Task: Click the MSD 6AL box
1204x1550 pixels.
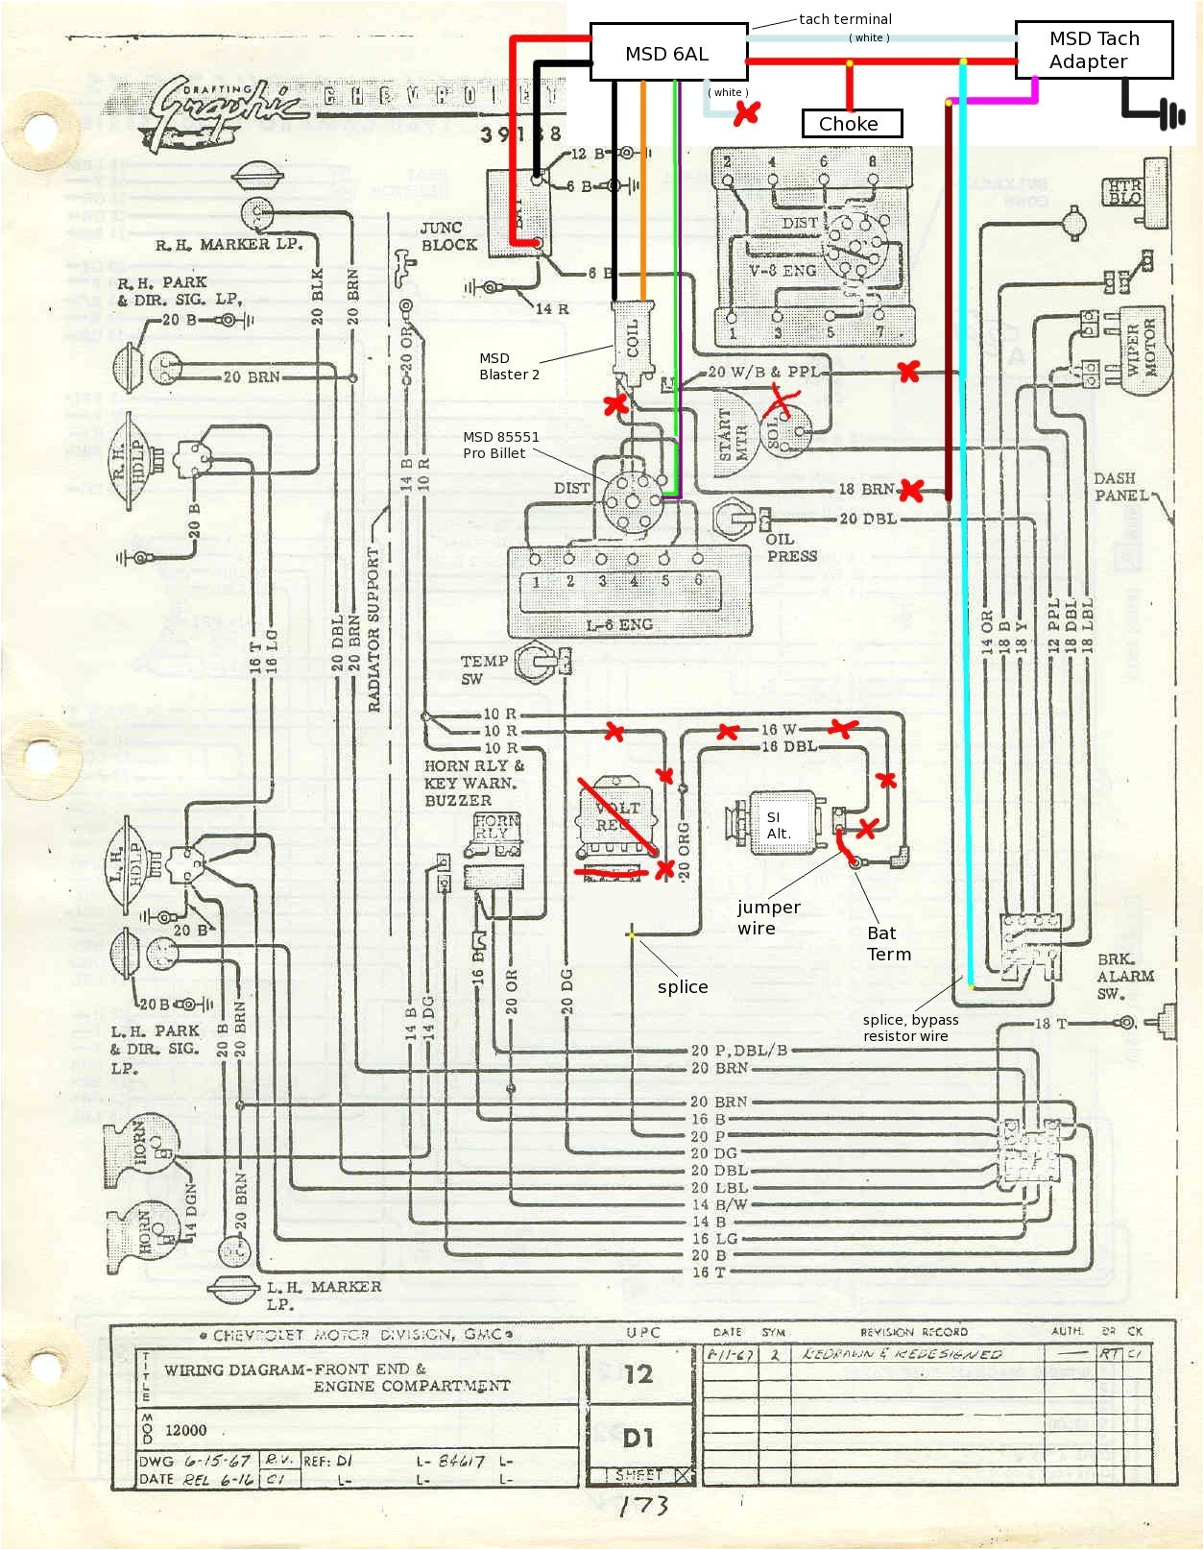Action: coord(667,53)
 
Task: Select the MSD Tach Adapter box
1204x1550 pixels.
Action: coord(1094,50)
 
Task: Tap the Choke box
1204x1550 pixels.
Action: coord(851,124)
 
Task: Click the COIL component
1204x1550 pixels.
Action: coord(633,338)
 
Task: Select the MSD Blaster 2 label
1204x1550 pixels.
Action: coord(509,366)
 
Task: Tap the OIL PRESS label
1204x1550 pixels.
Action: coord(791,547)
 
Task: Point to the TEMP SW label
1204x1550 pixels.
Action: coord(483,669)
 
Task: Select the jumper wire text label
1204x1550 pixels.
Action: coord(768,917)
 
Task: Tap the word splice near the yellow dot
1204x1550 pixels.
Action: coord(683,986)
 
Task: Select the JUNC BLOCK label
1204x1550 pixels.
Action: coord(447,236)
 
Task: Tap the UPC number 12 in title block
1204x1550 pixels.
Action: coord(638,1374)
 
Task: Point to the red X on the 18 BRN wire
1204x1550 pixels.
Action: coord(909,492)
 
